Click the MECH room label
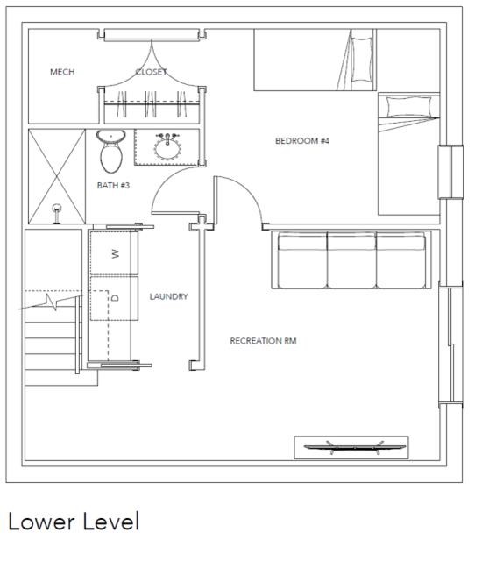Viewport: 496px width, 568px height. coord(62,72)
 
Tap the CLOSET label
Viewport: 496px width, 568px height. coord(151,72)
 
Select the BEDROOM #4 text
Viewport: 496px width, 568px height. coord(302,140)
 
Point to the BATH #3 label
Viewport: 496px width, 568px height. coord(113,186)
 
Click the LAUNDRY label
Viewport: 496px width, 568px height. coord(169,296)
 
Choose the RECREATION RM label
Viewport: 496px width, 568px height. coord(263,340)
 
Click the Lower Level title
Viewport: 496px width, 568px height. coord(74,522)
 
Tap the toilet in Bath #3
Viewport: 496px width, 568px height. coord(110,151)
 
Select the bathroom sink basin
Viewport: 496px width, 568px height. coord(167,149)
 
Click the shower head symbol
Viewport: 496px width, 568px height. coord(57,213)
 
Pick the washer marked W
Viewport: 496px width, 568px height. coord(114,252)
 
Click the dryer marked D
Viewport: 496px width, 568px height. coord(114,299)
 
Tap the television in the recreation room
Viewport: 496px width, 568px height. coord(354,447)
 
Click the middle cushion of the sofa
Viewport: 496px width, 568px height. coord(351,260)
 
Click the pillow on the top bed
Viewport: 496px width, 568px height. coord(362,60)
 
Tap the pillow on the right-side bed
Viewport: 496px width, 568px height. coord(408,107)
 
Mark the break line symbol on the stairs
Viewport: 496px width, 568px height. coord(51,302)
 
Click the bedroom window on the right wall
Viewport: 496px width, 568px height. coord(450,172)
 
